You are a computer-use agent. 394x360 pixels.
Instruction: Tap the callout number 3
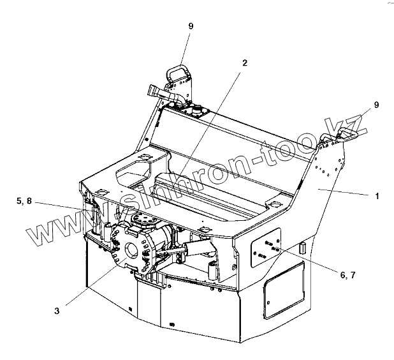pyautogui.click(x=57, y=311)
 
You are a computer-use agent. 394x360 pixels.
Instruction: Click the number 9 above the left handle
pyautogui.click(x=190, y=26)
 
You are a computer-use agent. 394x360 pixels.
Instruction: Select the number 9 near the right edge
pyautogui.click(x=376, y=104)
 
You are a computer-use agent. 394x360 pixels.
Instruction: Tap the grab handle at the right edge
pyautogui.click(x=347, y=133)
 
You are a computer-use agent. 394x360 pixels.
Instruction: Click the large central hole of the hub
pyautogui.click(x=135, y=248)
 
